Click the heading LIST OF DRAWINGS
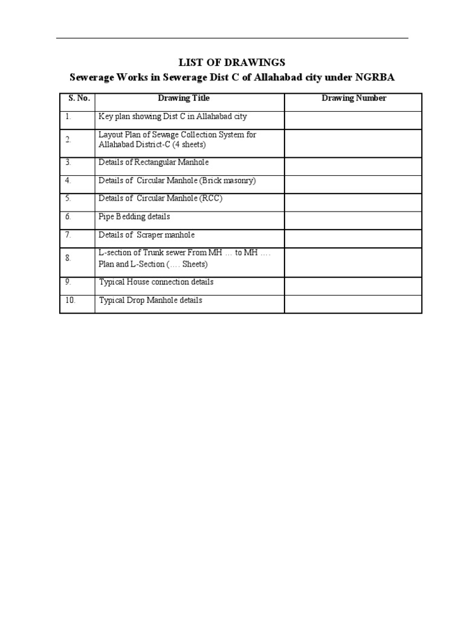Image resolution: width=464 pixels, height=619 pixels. pos(232,62)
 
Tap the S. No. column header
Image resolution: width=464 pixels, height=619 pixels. pos(77,98)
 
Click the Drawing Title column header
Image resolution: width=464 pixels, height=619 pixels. pos(184,98)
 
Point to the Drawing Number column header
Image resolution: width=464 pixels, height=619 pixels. pos(353,98)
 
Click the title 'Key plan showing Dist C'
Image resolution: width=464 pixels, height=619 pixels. pos(172,116)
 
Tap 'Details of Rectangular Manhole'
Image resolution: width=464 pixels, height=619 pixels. pos(153,163)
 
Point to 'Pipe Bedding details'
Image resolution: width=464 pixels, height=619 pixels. pos(134,216)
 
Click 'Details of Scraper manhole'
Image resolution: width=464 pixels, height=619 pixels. pos(147,235)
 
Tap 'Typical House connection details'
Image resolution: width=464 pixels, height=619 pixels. pos(156,282)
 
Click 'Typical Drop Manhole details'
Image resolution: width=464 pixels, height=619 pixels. pos(150,300)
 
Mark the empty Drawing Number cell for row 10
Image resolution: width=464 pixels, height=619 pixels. pos(353,303)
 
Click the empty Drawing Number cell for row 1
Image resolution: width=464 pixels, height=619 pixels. pos(353,120)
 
